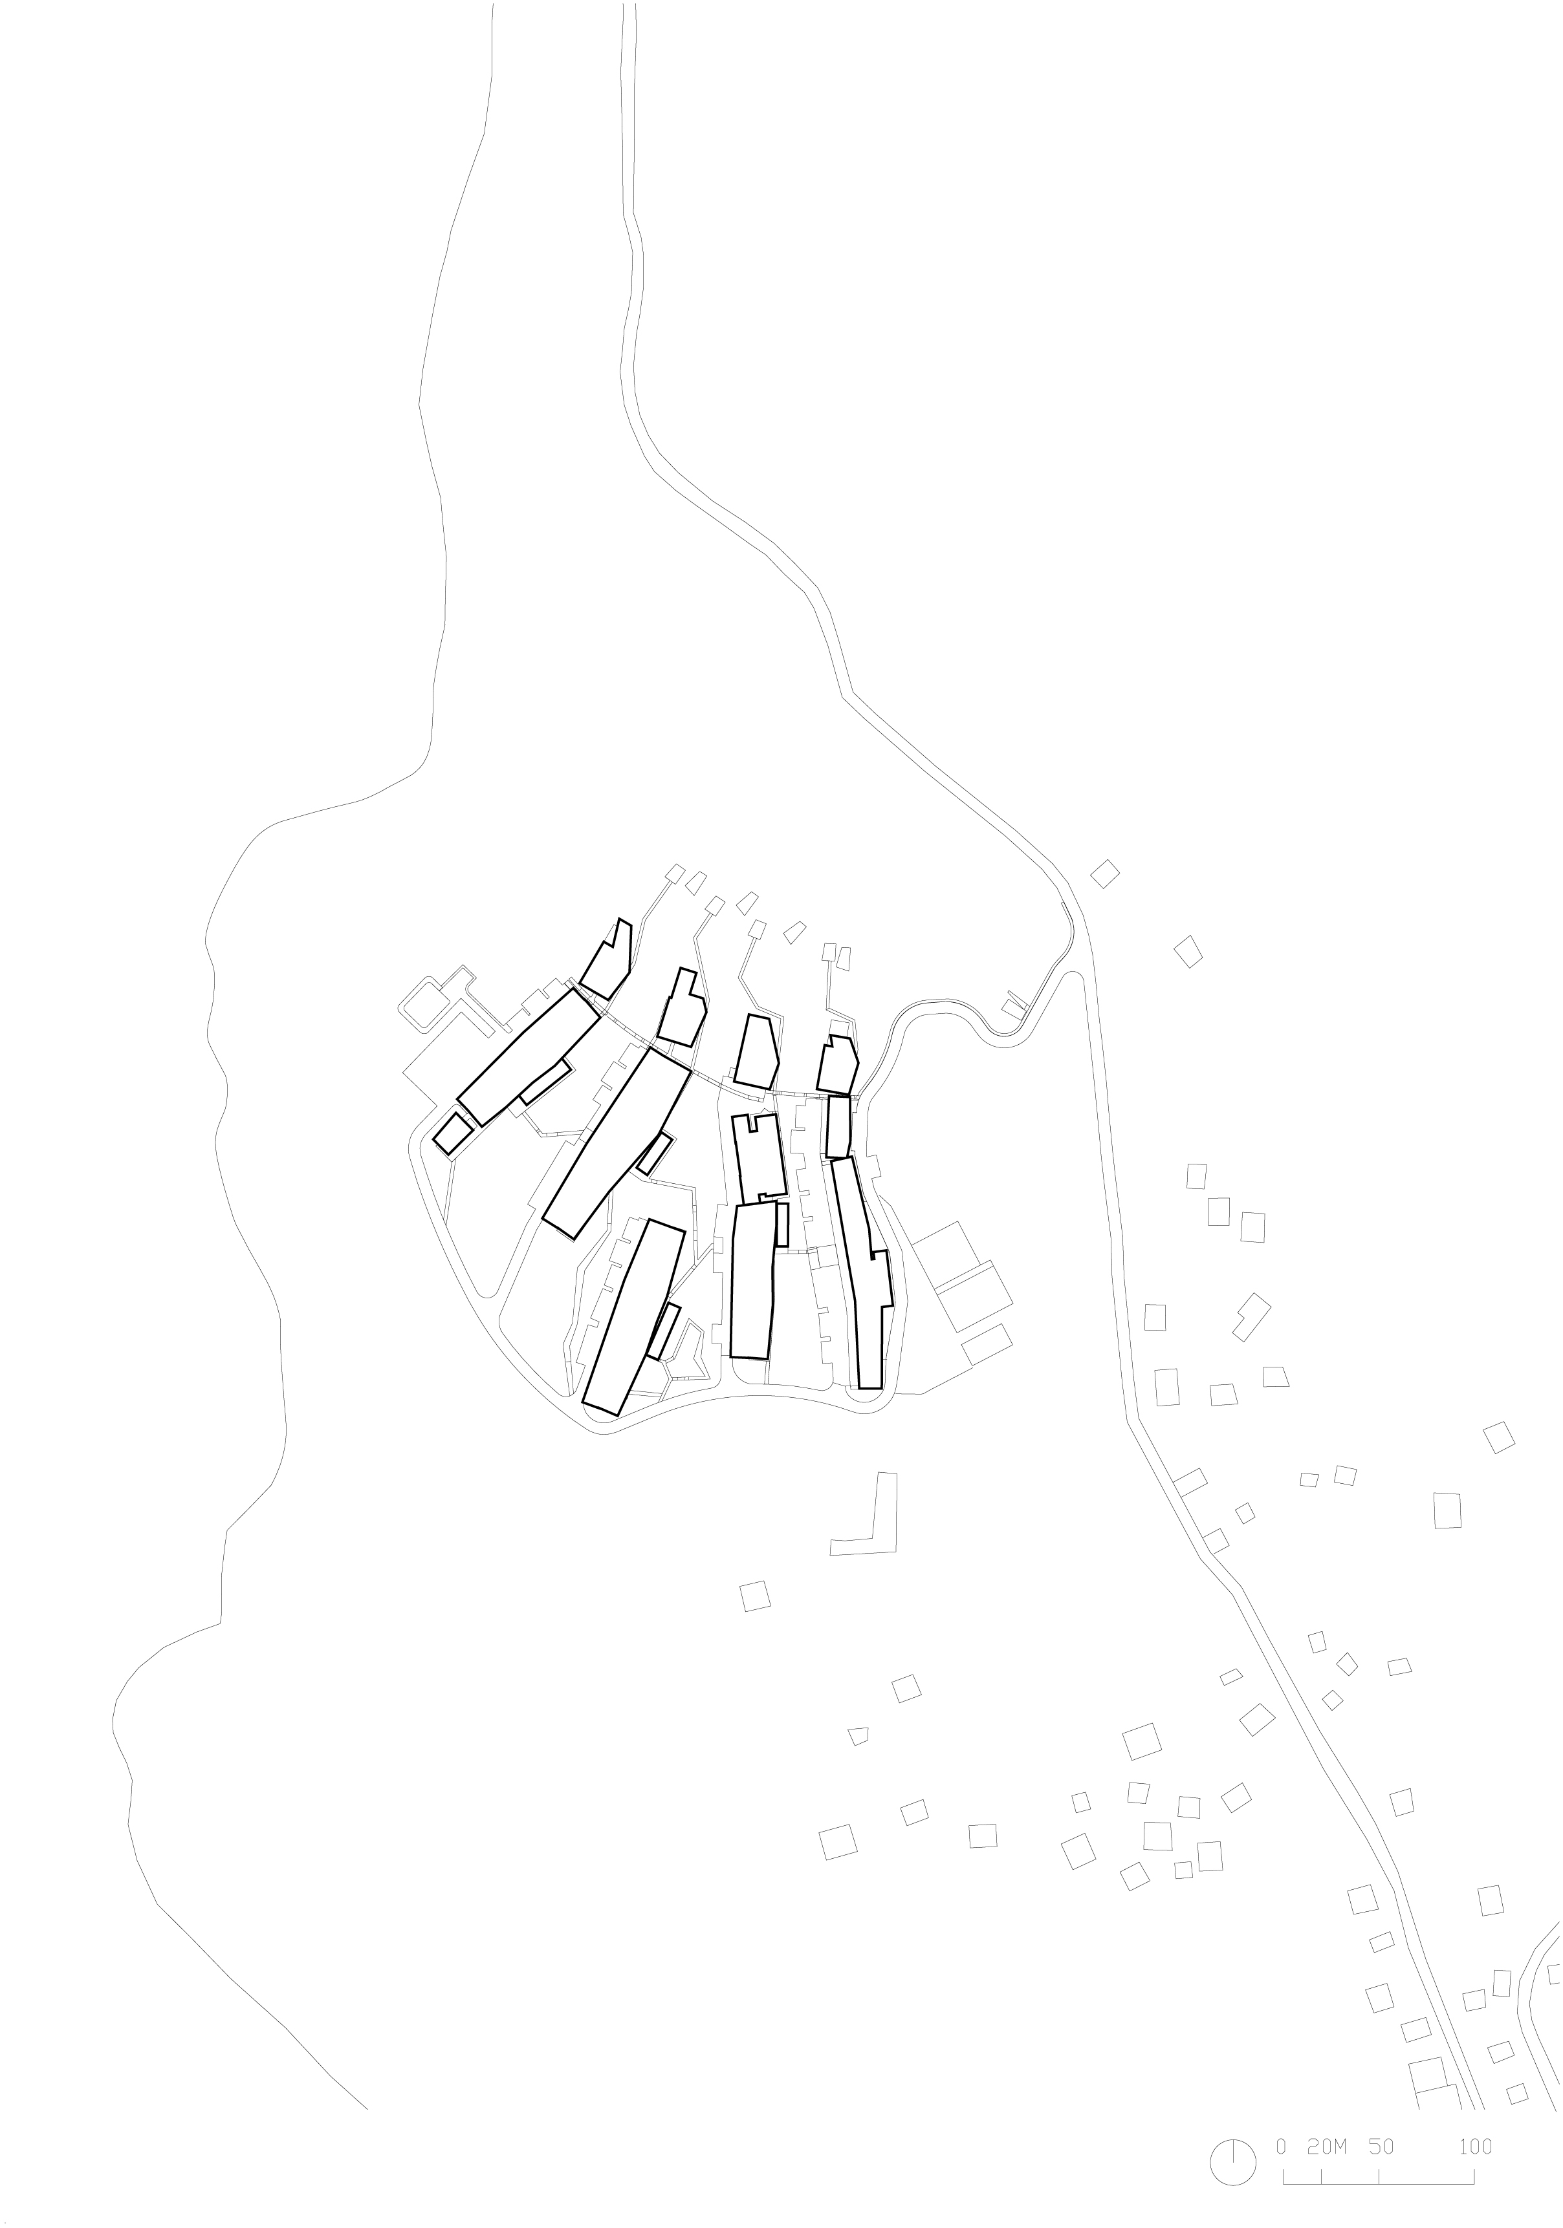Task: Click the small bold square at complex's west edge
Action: (454, 1133)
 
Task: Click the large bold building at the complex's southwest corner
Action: (634, 1317)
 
